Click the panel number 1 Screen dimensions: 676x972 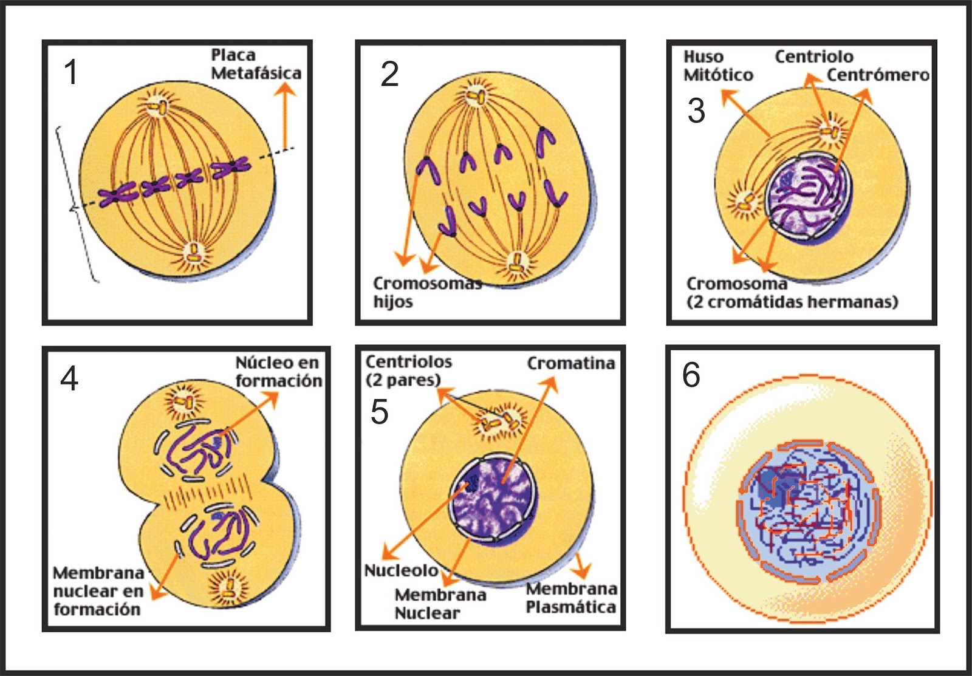[x=71, y=72]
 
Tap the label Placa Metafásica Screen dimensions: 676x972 [x=256, y=64]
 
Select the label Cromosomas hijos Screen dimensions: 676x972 [x=426, y=292]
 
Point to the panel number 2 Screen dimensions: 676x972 [x=389, y=75]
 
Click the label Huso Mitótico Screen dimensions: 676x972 [x=717, y=66]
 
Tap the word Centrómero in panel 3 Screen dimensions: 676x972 [x=878, y=75]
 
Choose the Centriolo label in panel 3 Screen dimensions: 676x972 [x=813, y=56]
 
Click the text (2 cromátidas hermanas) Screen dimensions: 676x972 [x=792, y=302]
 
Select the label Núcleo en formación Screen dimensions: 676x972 [x=278, y=372]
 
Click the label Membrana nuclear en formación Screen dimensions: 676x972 [x=98, y=590]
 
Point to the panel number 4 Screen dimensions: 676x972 [x=69, y=378]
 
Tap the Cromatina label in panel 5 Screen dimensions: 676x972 [x=570, y=363]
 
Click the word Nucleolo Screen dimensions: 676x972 [x=401, y=570]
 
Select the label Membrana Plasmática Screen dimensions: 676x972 [x=571, y=598]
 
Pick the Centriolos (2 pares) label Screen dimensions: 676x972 [x=408, y=370]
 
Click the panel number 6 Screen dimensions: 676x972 [x=691, y=375]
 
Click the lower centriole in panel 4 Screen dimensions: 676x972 [x=229, y=586]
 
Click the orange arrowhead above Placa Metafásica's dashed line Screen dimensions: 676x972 [x=284, y=90]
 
